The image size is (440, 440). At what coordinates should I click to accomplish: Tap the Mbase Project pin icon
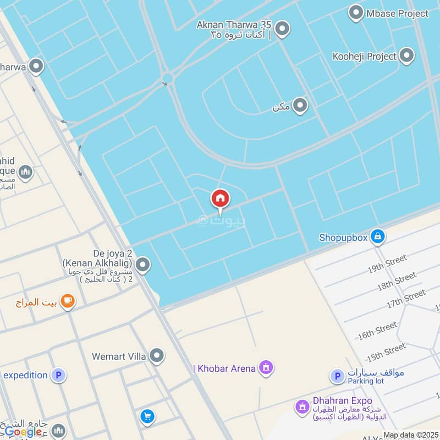[356, 13]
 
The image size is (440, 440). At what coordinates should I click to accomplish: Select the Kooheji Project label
[364, 56]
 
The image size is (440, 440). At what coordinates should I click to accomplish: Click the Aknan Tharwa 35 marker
[282, 29]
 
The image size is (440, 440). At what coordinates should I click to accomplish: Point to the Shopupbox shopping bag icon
[377, 237]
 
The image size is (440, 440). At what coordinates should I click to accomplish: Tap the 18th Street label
[397, 282]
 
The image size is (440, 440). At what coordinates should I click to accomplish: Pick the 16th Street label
[377, 331]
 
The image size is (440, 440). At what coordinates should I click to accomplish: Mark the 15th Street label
[387, 351]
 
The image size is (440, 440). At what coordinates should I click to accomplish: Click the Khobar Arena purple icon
[266, 367]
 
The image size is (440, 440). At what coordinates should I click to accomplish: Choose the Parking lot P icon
[337, 376]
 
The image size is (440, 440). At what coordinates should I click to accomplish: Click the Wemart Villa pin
[157, 356]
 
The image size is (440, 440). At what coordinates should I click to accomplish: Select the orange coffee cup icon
[68, 301]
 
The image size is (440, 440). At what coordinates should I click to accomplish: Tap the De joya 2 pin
[142, 266]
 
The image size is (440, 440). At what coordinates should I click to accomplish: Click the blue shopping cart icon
[147, 416]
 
